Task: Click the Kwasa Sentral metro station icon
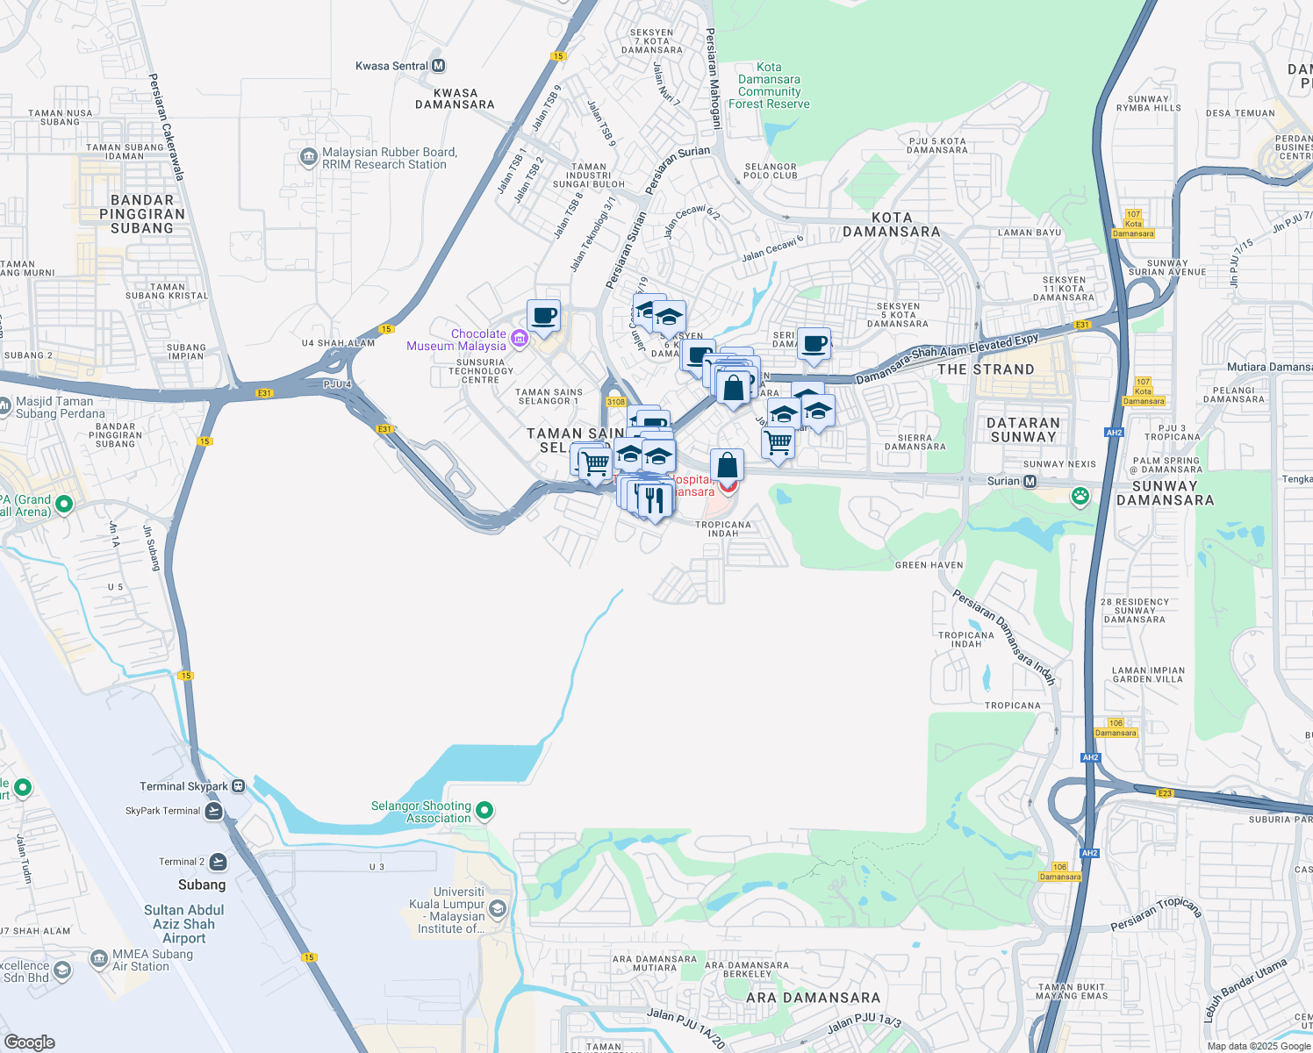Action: pyautogui.click(x=439, y=66)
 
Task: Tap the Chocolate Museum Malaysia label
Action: pyautogui.click(x=456, y=340)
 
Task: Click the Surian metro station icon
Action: pyautogui.click(x=1030, y=481)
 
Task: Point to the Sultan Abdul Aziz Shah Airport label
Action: pyautogui.click(x=183, y=924)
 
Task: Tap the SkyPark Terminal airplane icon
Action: pyautogui.click(x=213, y=811)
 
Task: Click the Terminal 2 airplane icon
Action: pyautogui.click(x=218, y=862)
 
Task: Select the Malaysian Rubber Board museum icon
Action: pyautogui.click(x=308, y=158)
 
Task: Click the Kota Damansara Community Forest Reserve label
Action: pyautogui.click(x=769, y=85)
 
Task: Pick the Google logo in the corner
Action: pyautogui.click(x=29, y=1042)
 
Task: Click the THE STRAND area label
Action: pyautogui.click(x=986, y=369)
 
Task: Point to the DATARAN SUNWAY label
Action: pyautogui.click(x=1023, y=429)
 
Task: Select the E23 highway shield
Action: pyautogui.click(x=1165, y=793)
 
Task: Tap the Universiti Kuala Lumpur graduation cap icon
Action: pyautogui.click(x=498, y=907)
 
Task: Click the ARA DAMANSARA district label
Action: pyautogui.click(x=813, y=998)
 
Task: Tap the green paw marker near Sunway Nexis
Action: pyautogui.click(x=1080, y=496)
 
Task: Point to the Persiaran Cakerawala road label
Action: pyautogui.click(x=166, y=127)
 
